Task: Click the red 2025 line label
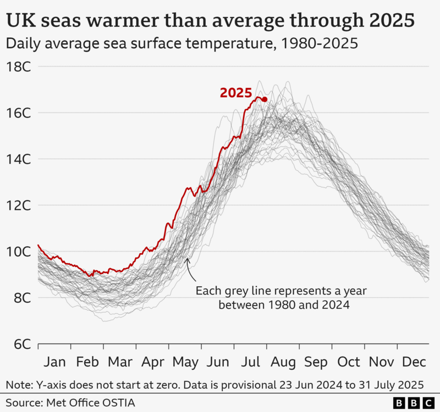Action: coord(235,93)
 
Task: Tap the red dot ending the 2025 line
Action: coord(265,99)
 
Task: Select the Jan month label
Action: coord(54,362)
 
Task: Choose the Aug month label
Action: coord(283,362)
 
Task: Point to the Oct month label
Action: coord(349,362)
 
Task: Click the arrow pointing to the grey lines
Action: coord(189,268)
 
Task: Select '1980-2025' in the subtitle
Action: coord(320,43)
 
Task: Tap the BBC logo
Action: coord(413,403)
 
